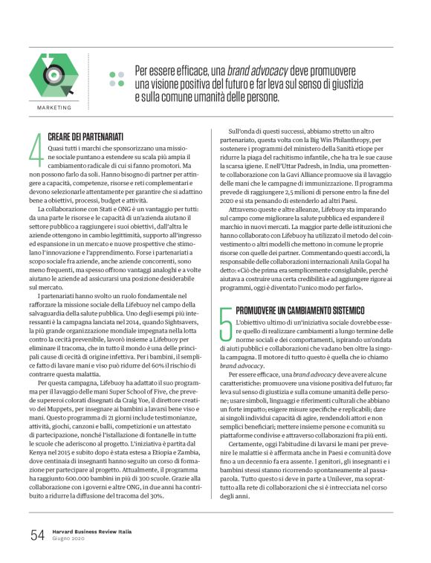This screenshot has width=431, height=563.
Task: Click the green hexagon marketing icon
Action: pyautogui.click(x=51, y=74)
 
